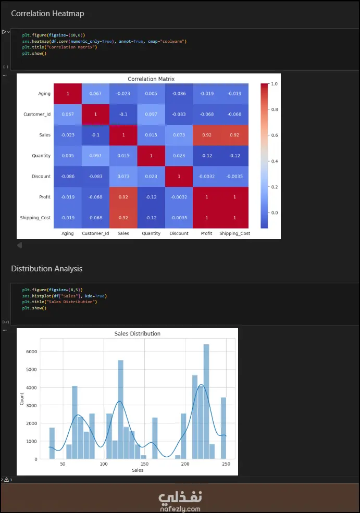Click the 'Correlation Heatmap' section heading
tap(47, 14)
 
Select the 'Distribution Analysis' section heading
tap(47, 269)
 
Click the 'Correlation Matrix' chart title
tap(151, 79)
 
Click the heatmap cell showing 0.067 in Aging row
tap(95, 93)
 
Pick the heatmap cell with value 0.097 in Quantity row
tap(95, 155)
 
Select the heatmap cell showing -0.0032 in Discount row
tap(206, 176)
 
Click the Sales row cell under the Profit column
tap(206, 135)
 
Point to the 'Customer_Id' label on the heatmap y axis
tap(37, 114)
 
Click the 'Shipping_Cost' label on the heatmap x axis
tap(234, 233)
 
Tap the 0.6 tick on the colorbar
tap(274, 135)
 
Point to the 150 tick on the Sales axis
tap(144, 464)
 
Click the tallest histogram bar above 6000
tap(206, 401)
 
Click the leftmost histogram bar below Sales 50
tap(52, 443)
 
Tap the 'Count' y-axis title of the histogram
tap(21, 399)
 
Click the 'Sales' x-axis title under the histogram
tap(138, 470)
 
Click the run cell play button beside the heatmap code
tap(4, 32)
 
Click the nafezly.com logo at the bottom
tap(180, 498)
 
